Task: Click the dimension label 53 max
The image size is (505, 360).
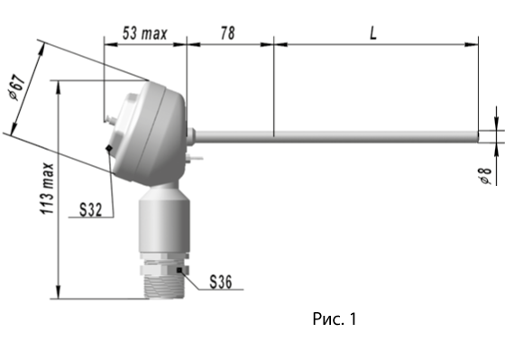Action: coord(145,33)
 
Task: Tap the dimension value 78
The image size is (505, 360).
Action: coord(227,33)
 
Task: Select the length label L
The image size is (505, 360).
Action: coord(373,33)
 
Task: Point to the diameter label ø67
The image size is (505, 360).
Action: coord(17,88)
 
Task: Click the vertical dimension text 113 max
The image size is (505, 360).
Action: coord(47,189)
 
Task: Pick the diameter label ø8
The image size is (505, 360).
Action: coord(486,176)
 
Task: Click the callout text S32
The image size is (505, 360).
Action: coord(91,210)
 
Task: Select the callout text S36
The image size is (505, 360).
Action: coord(221,282)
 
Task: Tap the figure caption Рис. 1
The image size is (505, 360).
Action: coord(335,318)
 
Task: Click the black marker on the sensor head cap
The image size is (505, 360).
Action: coord(109,148)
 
